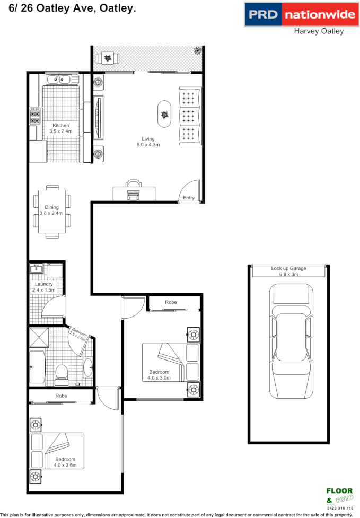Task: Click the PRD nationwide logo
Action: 300,14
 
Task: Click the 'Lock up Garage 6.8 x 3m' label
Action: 288,271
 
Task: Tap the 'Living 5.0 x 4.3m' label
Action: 148,141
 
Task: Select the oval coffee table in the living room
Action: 165,115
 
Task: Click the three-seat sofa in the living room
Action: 190,115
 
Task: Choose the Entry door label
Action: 189,198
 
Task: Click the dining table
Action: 52,210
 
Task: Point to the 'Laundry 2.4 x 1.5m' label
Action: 44,287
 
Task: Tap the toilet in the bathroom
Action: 62,372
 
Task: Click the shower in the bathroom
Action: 40,337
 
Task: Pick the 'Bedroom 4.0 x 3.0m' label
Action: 159,375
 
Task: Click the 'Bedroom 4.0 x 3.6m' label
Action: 66,462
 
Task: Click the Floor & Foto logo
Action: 339,495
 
